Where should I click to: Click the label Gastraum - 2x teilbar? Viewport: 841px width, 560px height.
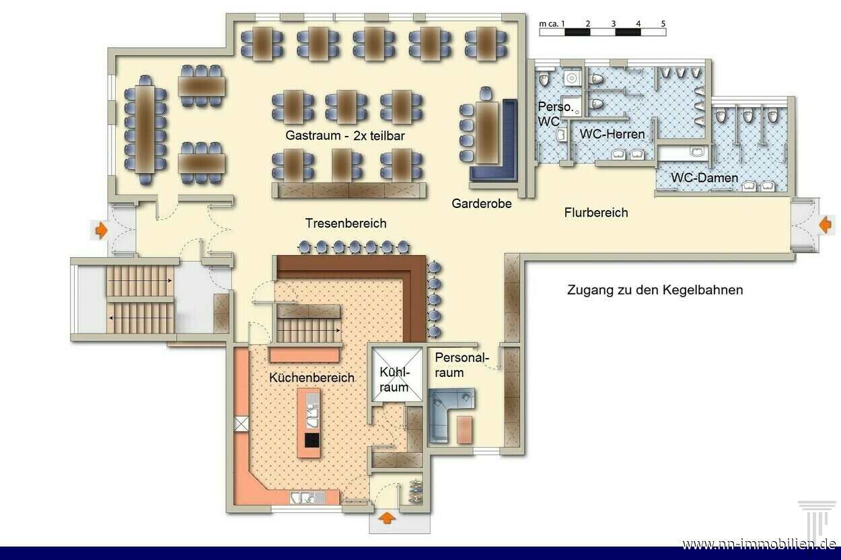click(345, 135)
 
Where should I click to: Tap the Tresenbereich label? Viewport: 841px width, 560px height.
click(346, 223)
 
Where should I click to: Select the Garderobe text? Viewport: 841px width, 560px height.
click(482, 203)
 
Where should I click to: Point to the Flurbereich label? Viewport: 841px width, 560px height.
click(596, 213)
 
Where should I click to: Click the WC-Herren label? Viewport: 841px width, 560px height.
click(612, 134)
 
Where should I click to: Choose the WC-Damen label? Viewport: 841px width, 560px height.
click(704, 178)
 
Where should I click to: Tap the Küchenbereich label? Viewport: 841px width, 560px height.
click(312, 378)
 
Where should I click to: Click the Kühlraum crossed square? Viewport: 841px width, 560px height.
click(397, 374)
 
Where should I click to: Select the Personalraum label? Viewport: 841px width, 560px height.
click(462, 365)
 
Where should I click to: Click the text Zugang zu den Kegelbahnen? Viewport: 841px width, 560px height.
click(655, 290)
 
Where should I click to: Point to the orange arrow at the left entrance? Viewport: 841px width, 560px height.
click(101, 230)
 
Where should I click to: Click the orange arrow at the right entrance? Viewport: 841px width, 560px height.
click(825, 225)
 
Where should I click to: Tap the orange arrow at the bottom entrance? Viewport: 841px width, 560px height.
click(387, 519)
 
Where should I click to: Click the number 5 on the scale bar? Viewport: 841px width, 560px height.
click(663, 24)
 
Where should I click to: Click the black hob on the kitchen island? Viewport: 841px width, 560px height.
click(312, 440)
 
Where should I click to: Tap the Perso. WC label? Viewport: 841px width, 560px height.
click(555, 114)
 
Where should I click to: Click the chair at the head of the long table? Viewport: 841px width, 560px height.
click(145, 80)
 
